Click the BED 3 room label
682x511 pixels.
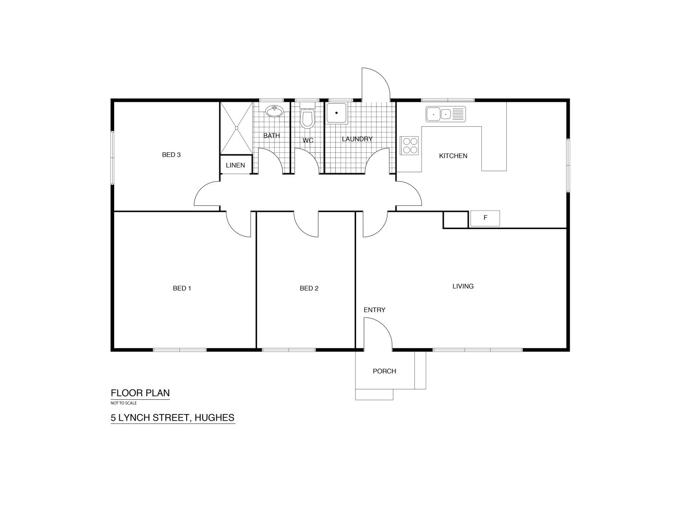(x=171, y=155)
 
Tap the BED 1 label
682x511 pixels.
(x=182, y=288)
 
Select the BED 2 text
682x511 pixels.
(x=309, y=288)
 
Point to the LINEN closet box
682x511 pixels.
(x=235, y=165)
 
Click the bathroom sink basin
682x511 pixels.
(x=274, y=111)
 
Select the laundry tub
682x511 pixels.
(x=336, y=114)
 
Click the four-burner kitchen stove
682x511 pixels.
(x=410, y=145)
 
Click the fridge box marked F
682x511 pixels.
(x=485, y=218)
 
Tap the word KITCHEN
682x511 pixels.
(x=453, y=156)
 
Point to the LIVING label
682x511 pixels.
(x=463, y=286)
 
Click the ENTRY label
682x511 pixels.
(x=374, y=310)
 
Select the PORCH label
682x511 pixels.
(x=384, y=371)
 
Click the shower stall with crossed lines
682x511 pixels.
(x=236, y=128)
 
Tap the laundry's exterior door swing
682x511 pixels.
(x=376, y=84)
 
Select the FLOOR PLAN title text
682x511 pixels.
(x=140, y=393)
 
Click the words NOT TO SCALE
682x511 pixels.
(x=124, y=403)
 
